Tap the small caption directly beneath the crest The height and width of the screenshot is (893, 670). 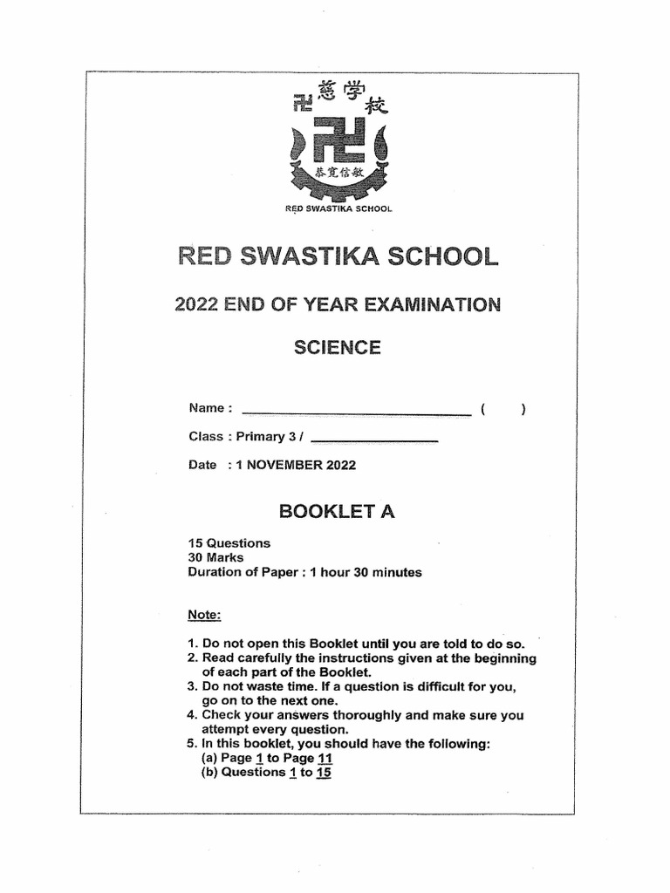point(339,209)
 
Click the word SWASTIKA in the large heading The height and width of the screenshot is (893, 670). point(338,257)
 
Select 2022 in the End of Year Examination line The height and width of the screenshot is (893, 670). point(196,304)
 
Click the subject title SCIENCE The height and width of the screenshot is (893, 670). point(337,348)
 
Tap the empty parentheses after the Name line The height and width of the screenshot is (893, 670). point(502,409)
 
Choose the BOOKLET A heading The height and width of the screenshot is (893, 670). point(337,512)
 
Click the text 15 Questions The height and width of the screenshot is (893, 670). point(229,543)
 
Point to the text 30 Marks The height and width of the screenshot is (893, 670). point(216,558)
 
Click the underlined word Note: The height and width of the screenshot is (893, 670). point(205,616)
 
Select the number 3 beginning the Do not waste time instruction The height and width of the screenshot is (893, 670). point(192,687)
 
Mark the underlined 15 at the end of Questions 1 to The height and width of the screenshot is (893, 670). point(324,772)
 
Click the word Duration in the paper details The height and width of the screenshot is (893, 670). point(215,573)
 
